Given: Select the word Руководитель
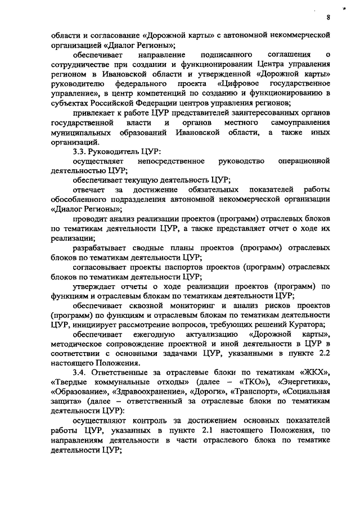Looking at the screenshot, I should click(115, 152).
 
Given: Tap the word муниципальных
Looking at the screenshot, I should click(83, 133).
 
